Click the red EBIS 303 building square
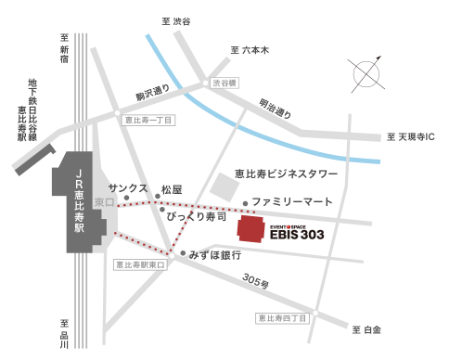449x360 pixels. (251, 229)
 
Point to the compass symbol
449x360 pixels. (369, 73)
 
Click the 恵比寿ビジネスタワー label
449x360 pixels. (285, 174)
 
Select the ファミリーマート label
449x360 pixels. (292, 201)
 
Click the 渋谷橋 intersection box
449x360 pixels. (224, 83)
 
